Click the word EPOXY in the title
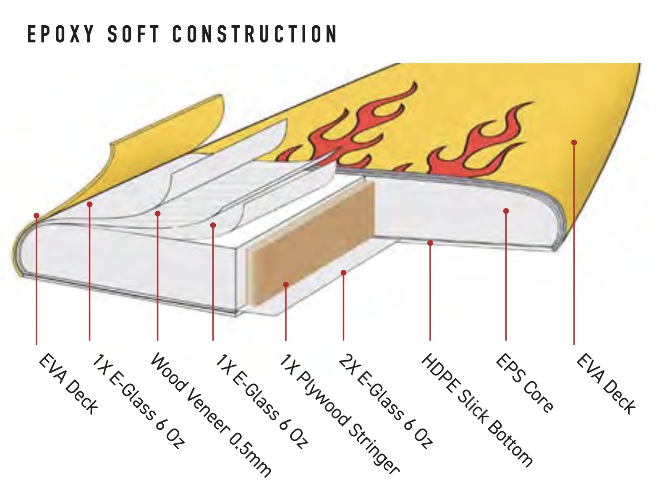point(60,34)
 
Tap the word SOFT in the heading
point(133,34)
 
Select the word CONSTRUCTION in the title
point(255,34)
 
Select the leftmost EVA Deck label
point(68,385)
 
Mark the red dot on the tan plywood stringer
point(286,285)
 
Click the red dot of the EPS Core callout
point(506,211)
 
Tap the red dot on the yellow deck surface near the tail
point(574,142)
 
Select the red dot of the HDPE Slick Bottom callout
point(430,243)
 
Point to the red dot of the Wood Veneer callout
point(157,214)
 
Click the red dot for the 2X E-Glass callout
point(343,273)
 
